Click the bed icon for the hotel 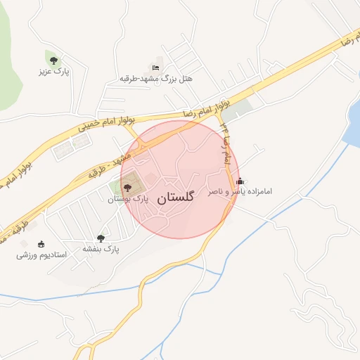155,67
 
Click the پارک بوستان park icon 127,187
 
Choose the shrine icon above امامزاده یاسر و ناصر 240,181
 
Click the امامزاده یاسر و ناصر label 240,191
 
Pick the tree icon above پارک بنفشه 101,238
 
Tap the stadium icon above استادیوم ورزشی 41,243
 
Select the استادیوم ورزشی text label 41,255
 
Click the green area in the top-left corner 7,42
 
